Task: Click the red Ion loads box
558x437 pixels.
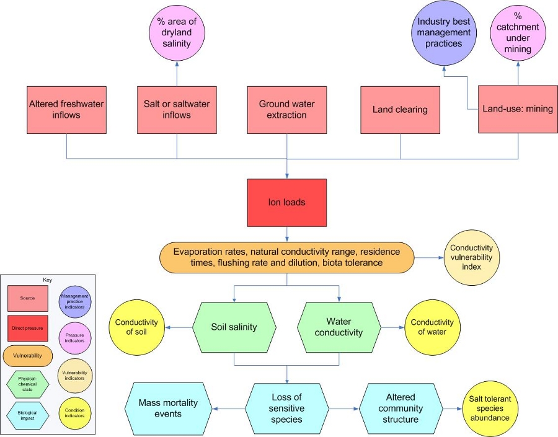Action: point(286,203)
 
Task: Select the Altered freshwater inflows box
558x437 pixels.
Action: point(66,110)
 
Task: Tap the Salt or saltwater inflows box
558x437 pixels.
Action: point(177,110)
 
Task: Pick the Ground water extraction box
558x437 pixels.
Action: point(286,110)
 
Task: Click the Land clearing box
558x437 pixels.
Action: point(400,110)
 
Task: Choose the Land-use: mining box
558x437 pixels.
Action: point(518,110)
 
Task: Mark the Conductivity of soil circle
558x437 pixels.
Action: point(136,327)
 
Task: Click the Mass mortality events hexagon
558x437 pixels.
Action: point(167,408)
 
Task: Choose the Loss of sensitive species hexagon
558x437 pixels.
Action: point(286,408)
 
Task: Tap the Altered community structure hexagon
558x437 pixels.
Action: point(401,408)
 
